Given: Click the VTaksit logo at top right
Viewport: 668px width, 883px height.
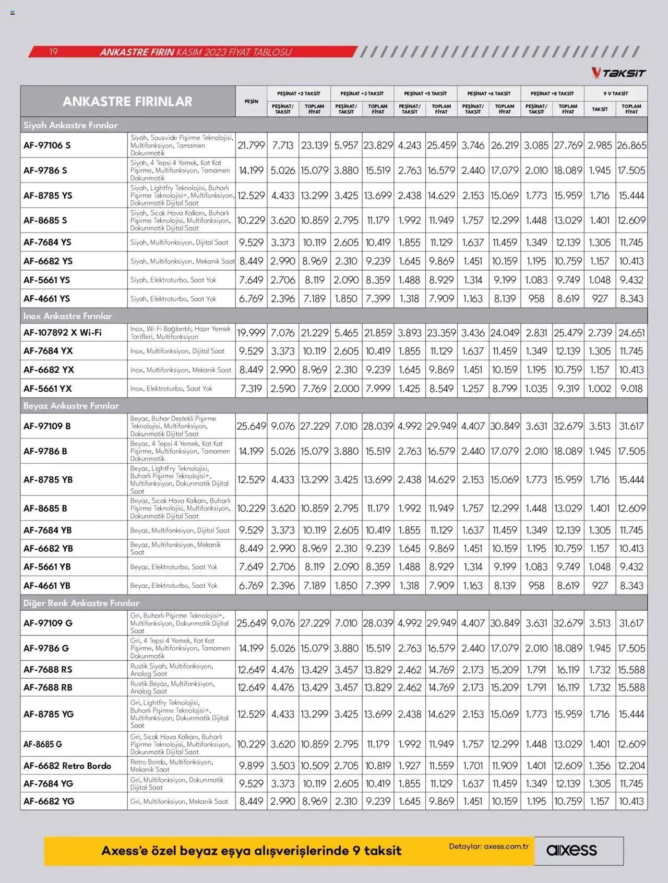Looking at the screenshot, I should [x=618, y=73].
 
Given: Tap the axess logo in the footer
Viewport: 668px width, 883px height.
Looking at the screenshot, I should [x=571, y=850].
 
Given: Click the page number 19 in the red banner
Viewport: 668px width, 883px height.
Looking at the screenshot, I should [x=53, y=52].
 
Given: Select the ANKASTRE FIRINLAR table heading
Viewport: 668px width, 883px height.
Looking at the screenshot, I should [x=127, y=101].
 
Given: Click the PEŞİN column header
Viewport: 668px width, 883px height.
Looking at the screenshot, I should [x=251, y=101].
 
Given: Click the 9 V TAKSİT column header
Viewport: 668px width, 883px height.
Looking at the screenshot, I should [x=615, y=93].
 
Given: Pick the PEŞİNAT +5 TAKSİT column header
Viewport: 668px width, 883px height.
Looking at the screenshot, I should [x=425, y=93].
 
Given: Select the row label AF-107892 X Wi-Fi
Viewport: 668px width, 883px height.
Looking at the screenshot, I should [x=62, y=332].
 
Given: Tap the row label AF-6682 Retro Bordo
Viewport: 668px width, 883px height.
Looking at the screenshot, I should [x=67, y=766].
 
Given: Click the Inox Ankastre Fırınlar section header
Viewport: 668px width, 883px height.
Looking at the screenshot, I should [x=67, y=316].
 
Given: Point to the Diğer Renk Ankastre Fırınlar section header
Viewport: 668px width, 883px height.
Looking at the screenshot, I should [x=81, y=603].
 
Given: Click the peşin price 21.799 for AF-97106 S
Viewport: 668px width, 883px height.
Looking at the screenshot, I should [x=251, y=145].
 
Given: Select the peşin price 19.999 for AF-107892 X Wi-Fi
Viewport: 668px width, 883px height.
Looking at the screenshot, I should [x=251, y=332].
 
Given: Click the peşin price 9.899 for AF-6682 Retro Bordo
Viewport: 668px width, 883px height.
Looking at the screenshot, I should [x=251, y=766].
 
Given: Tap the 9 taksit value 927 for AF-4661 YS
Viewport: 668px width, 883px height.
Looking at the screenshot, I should [x=600, y=298].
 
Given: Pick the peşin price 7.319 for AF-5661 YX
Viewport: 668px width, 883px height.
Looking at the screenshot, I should [x=251, y=389].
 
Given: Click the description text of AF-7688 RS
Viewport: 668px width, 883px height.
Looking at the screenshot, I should [x=172, y=670].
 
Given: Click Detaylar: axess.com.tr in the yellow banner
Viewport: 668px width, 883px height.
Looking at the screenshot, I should [x=488, y=846].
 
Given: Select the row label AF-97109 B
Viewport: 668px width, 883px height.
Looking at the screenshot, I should [x=47, y=426].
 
